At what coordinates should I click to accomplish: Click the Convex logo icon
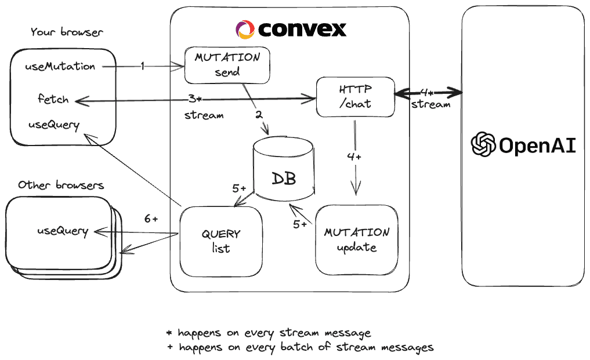[245, 30]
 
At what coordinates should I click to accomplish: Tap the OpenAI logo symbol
[483, 145]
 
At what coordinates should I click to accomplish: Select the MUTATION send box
[227, 65]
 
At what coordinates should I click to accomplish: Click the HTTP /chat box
[355, 97]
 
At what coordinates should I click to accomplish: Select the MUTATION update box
[357, 239]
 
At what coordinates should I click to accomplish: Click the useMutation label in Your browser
[60, 66]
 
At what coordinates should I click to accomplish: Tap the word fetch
[53, 99]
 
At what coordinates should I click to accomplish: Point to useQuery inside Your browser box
[54, 125]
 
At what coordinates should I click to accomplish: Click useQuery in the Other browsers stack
[63, 231]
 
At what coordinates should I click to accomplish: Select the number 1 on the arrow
[142, 67]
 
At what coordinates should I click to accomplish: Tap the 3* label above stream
[194, 98]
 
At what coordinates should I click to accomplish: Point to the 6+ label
[151, 219]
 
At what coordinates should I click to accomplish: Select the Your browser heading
[67, 32]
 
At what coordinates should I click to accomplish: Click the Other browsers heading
[61, 186]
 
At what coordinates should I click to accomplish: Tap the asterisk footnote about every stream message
[268, 333]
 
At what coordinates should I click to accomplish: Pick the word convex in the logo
[302, 29]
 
